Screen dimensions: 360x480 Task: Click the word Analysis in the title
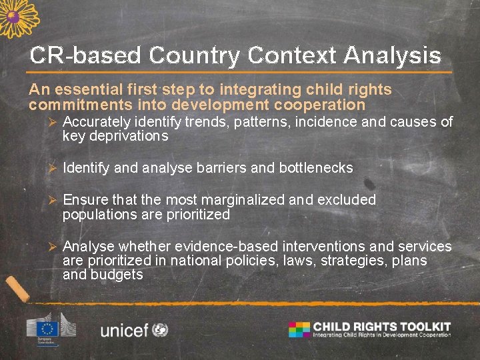point(392,55)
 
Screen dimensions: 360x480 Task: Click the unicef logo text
point(124,330)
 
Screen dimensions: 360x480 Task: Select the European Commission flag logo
point(47,328)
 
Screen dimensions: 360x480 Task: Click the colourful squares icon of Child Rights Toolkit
point(299,329)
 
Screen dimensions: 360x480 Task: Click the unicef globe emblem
point(160,329)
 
